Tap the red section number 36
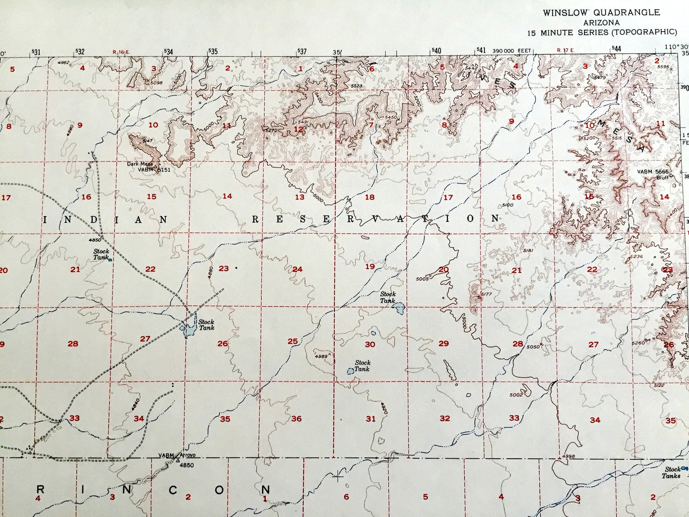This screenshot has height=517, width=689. (x=297, y=419)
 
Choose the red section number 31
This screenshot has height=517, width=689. (x=370, y=419)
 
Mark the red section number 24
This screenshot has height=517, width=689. (x=297, y=269)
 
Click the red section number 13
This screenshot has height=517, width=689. (x=299, y=197)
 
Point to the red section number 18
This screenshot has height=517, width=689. (x=370, y=197)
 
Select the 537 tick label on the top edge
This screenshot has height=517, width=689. (x=302, y=51)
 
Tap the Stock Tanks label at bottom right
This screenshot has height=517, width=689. (x=671, y=473)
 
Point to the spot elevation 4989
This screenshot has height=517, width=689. (x=321, y=356)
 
